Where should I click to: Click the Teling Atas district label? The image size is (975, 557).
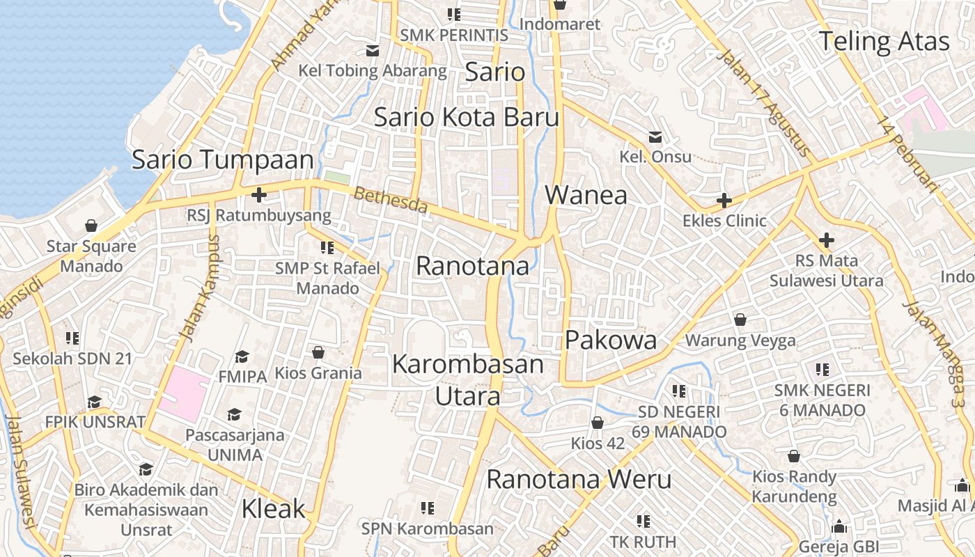tap(883, 42)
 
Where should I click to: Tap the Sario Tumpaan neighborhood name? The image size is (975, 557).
tap(223, 159)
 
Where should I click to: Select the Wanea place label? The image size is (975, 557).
tap(586, 195)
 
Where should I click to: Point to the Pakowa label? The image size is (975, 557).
tap(611, 340)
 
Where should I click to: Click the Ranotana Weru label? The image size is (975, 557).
tap(579, 479)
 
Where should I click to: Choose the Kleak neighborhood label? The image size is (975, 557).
tap(273, 508)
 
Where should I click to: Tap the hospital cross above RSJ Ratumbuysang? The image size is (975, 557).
tap(258, 195)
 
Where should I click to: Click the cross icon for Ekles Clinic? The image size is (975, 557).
tap(724, 201)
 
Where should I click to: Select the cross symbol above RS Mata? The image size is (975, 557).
tap(827, 241)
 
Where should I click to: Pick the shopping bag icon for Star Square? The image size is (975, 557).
tap(91, 226)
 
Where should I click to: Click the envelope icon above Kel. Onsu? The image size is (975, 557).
tap(655, 136)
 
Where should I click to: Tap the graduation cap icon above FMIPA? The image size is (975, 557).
tap(242, 356)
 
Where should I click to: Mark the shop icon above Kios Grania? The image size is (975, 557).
tap(318, 352)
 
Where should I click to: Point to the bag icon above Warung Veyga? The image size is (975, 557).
tap(740, 320)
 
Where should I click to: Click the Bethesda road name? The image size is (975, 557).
tap(390, 200)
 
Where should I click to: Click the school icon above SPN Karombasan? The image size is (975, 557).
tap(427, 508)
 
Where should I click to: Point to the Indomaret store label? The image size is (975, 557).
tap(559, 24)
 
